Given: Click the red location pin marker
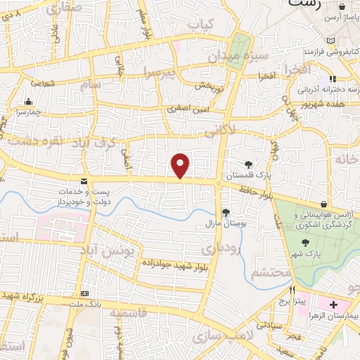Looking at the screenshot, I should coord(181,166).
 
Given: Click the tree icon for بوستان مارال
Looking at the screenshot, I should coord(226,212).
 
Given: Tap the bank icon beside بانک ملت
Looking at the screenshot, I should coord(85,293).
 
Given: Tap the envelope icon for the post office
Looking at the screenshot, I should coord(84,181).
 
